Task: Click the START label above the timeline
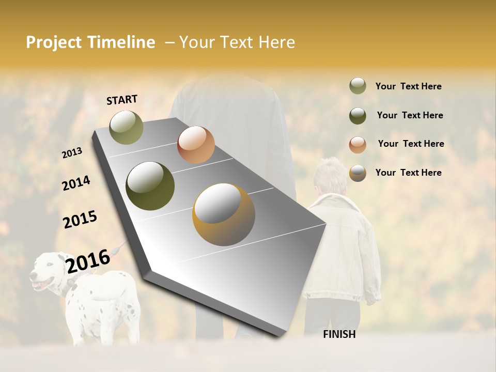pyautogui.click(x=122, y=100)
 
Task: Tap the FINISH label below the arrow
pyautogui.click(x=339, y=334)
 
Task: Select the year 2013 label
pyautogui.click(x=72, y=153)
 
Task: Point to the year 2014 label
pyautogui.click(x=76, y=183)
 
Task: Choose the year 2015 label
pyautogui.click(x=80, y=220)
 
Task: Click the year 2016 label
pyautogui.click(x=88, y=261)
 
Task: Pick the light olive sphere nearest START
pyautogui.click(x=126, y=128)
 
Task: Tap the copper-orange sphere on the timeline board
pyautogui.click(x=196, y=145)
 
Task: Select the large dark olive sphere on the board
pyautogui.click(x=150, y=186)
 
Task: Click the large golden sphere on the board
pyautogui.click(x=224, y=214)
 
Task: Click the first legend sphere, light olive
pyautogui.click(x=358, y=86)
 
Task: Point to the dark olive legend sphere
pyautogui.click(x=358, y=115)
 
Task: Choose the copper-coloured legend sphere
pyautogui.click(x=358, y=144)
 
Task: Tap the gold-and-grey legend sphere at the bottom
pyautogui.click(x=358, y=173)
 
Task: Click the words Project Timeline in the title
pyautogui.click(x=90, y=42)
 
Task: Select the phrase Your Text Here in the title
pyautogui.click(x=237, y=42)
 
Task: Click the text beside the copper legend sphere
pyautogui.click(x=411, y=144)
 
